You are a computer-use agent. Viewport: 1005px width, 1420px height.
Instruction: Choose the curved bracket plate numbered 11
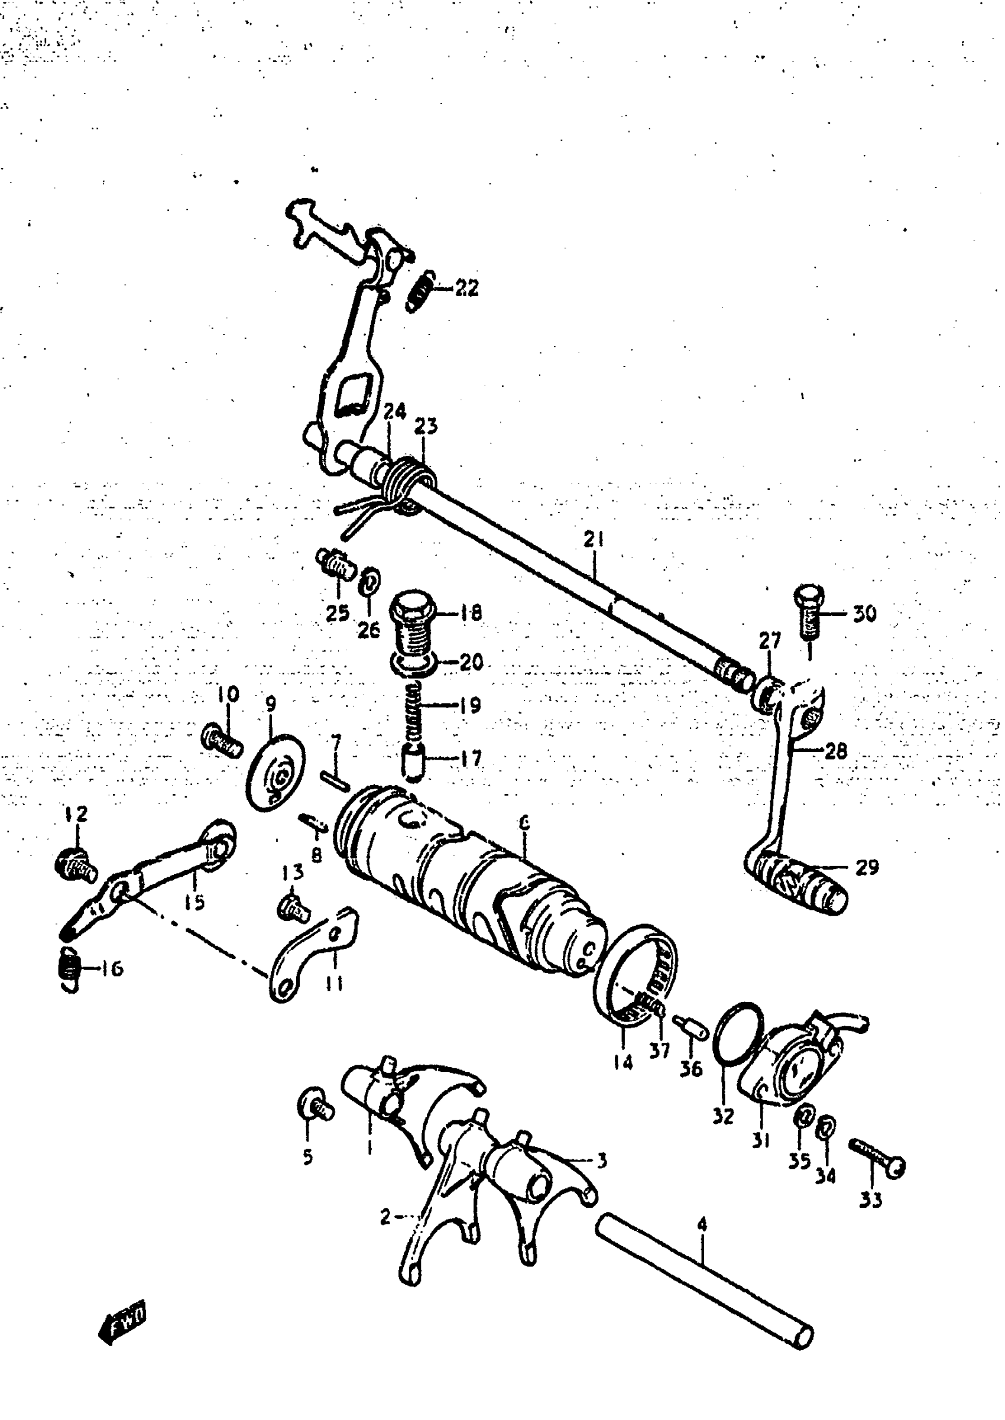[313, 955]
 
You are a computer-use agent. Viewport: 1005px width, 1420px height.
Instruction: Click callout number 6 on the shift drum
[524, 822]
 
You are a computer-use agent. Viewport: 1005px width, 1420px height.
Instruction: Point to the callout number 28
[835, 751]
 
